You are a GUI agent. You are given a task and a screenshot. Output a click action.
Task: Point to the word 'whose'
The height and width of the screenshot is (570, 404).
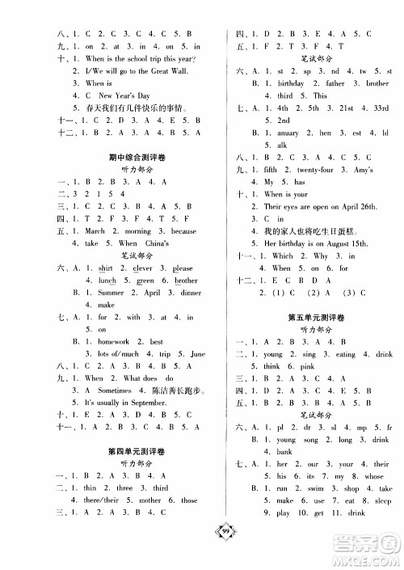376,476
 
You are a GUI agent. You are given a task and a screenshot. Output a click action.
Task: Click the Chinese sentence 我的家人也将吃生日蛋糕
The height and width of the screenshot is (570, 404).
307,230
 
